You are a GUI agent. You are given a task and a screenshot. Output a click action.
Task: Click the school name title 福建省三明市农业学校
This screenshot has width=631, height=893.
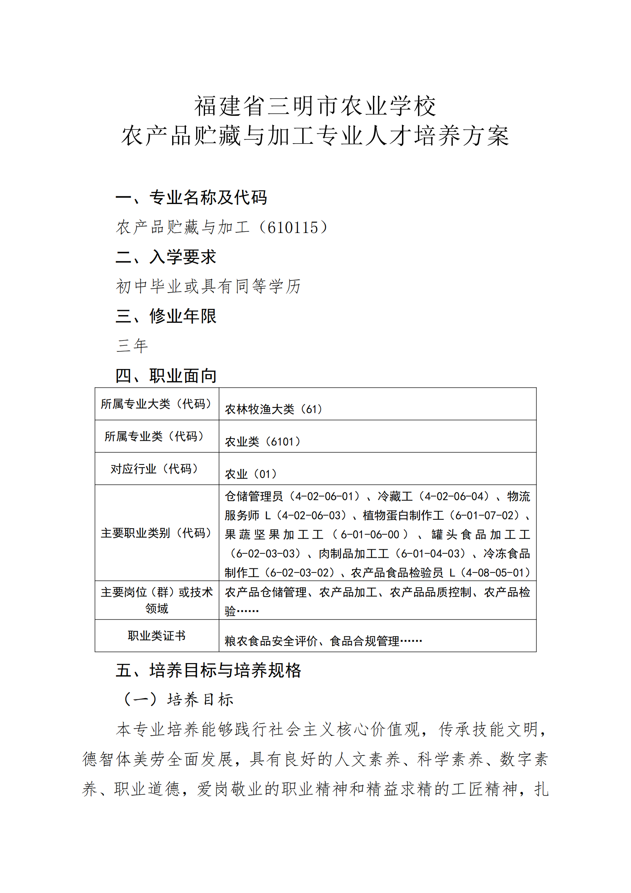coord(315,106)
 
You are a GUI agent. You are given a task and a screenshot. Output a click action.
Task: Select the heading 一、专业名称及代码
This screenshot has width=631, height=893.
coord(191,197)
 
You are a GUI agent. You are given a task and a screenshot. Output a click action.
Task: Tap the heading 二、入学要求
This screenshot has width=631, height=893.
coord(166,257)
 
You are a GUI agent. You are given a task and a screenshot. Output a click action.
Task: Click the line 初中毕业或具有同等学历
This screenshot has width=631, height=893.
coord(208,286)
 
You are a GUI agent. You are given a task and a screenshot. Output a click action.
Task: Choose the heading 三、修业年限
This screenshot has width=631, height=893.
coord(166,316)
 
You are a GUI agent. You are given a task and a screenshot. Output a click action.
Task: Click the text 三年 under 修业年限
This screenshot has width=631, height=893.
coord(132,346)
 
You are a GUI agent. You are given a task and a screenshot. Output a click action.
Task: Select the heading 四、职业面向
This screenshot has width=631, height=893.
coord(166,375)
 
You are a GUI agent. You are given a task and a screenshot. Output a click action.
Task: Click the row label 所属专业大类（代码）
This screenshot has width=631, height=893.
coord(157,404)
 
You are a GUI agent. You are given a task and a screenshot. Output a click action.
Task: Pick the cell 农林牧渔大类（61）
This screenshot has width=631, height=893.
coord(274,409)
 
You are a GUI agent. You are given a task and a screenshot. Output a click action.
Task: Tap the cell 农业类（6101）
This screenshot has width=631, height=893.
coord(263,442)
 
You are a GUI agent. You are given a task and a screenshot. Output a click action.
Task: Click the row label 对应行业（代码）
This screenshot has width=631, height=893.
coord(157,469)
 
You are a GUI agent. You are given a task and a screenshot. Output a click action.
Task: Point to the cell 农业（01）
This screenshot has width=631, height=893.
coord(251,474)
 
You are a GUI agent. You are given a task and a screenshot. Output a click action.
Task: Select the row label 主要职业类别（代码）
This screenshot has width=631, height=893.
coord(157,533)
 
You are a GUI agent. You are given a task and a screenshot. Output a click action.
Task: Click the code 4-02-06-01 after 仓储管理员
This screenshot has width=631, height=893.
coord(327,497)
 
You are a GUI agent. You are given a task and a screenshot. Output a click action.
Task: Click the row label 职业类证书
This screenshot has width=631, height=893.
coord(157,636)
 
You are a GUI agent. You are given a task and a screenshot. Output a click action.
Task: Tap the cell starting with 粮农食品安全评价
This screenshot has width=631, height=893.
coord(323,641)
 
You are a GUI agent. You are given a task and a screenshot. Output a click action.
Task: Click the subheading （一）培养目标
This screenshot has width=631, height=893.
coord(178,700)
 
